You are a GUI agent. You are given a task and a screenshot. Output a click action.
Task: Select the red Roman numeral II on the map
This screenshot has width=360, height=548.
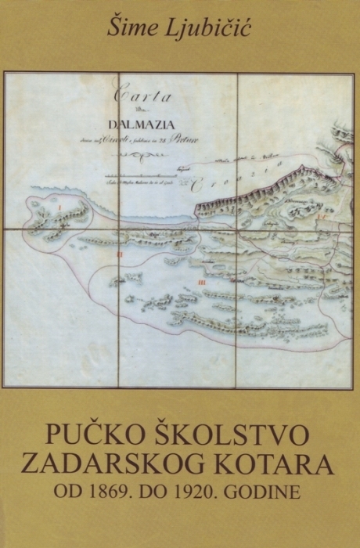tap(118, 254)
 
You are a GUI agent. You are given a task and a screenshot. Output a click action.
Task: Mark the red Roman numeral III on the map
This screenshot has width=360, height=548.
tap(202, 282)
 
